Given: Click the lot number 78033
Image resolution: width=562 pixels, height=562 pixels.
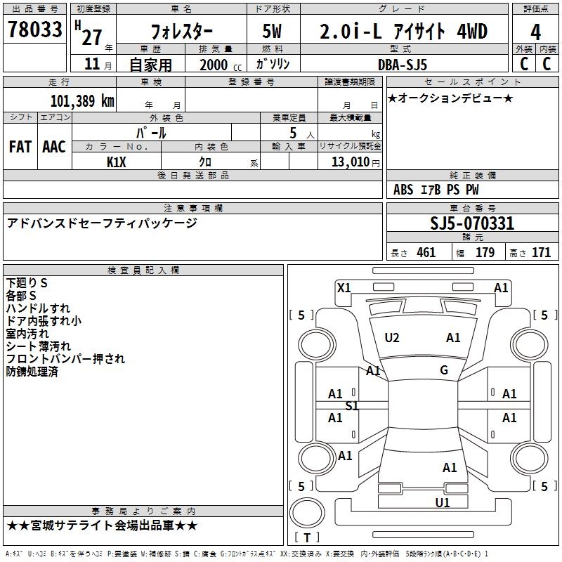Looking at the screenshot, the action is click(35, 30).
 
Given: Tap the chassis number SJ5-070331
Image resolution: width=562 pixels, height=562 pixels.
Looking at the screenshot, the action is click(471, 224).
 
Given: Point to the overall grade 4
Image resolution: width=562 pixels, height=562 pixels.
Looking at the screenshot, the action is click(536, 32).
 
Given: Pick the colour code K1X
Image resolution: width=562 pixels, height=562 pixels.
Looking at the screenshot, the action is click(117, 162).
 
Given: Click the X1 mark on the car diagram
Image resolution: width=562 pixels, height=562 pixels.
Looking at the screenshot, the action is click(344, 287).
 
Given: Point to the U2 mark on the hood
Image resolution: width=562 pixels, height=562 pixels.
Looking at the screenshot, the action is click(392, 338).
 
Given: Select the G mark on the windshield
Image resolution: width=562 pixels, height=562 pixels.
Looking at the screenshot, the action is click(444, 370).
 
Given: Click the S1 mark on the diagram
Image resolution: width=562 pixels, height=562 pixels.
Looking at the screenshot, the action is click(352, 406).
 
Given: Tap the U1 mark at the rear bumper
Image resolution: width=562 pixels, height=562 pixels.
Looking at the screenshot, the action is click(443, 503).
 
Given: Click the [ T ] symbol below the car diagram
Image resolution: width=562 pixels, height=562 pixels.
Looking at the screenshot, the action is click(307, 537).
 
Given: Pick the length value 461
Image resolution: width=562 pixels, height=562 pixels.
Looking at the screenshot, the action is click(426, 253).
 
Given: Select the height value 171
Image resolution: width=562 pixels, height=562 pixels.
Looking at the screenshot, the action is click(541, 253).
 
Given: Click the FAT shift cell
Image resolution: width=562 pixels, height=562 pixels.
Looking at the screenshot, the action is click(20, 146).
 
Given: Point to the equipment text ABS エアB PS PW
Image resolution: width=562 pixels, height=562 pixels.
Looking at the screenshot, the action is click(436, 190).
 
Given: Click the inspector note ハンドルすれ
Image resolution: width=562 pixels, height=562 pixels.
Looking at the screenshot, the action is click(38, 308).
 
